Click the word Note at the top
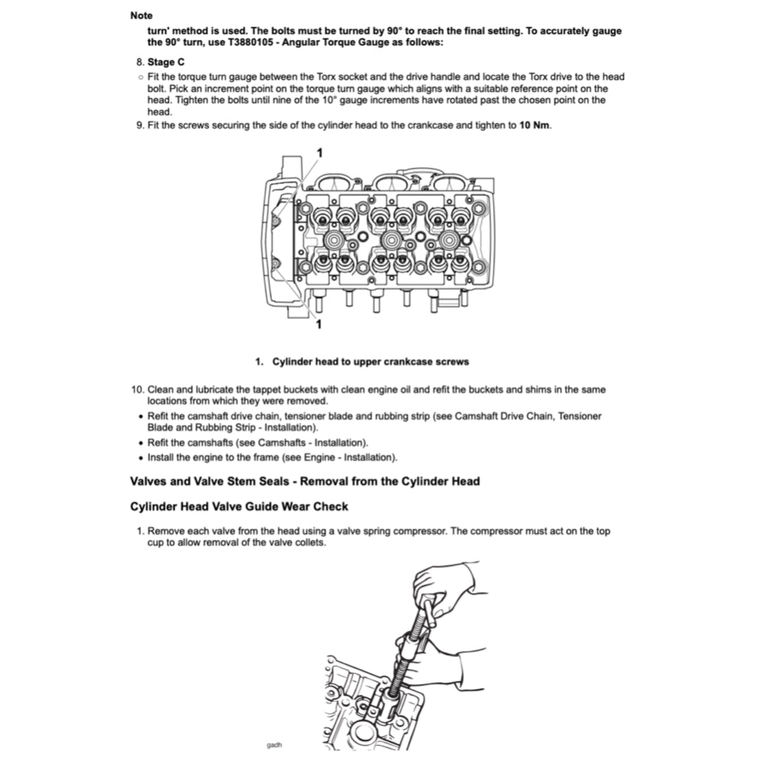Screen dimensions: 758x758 [x=141, y=15]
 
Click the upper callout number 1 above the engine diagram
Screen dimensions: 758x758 [x=319, y=152]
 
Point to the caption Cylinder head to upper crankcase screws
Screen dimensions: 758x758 [x=370, y=362]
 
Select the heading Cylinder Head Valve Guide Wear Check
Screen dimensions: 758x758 [x=239, y=507]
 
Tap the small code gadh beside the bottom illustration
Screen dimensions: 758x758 [x=274, y=745]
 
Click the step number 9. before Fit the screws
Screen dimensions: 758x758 [x=139, y=125]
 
